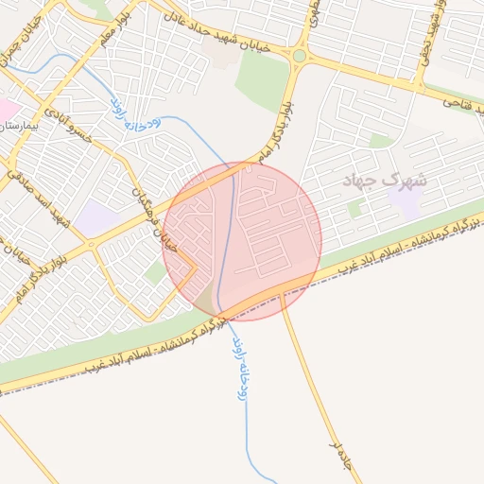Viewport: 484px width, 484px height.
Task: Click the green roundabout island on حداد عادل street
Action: coord(300,55)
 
